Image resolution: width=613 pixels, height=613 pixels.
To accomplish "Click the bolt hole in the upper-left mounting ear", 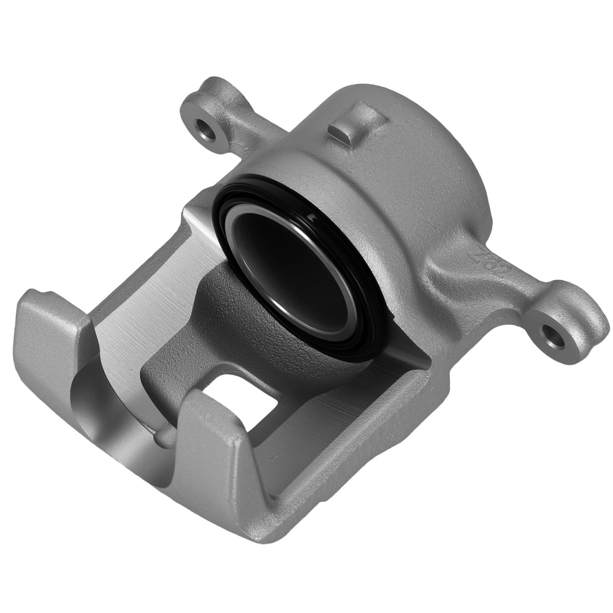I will click(204, 128).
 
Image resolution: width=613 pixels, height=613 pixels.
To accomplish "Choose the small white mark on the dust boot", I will click(312, 216).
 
